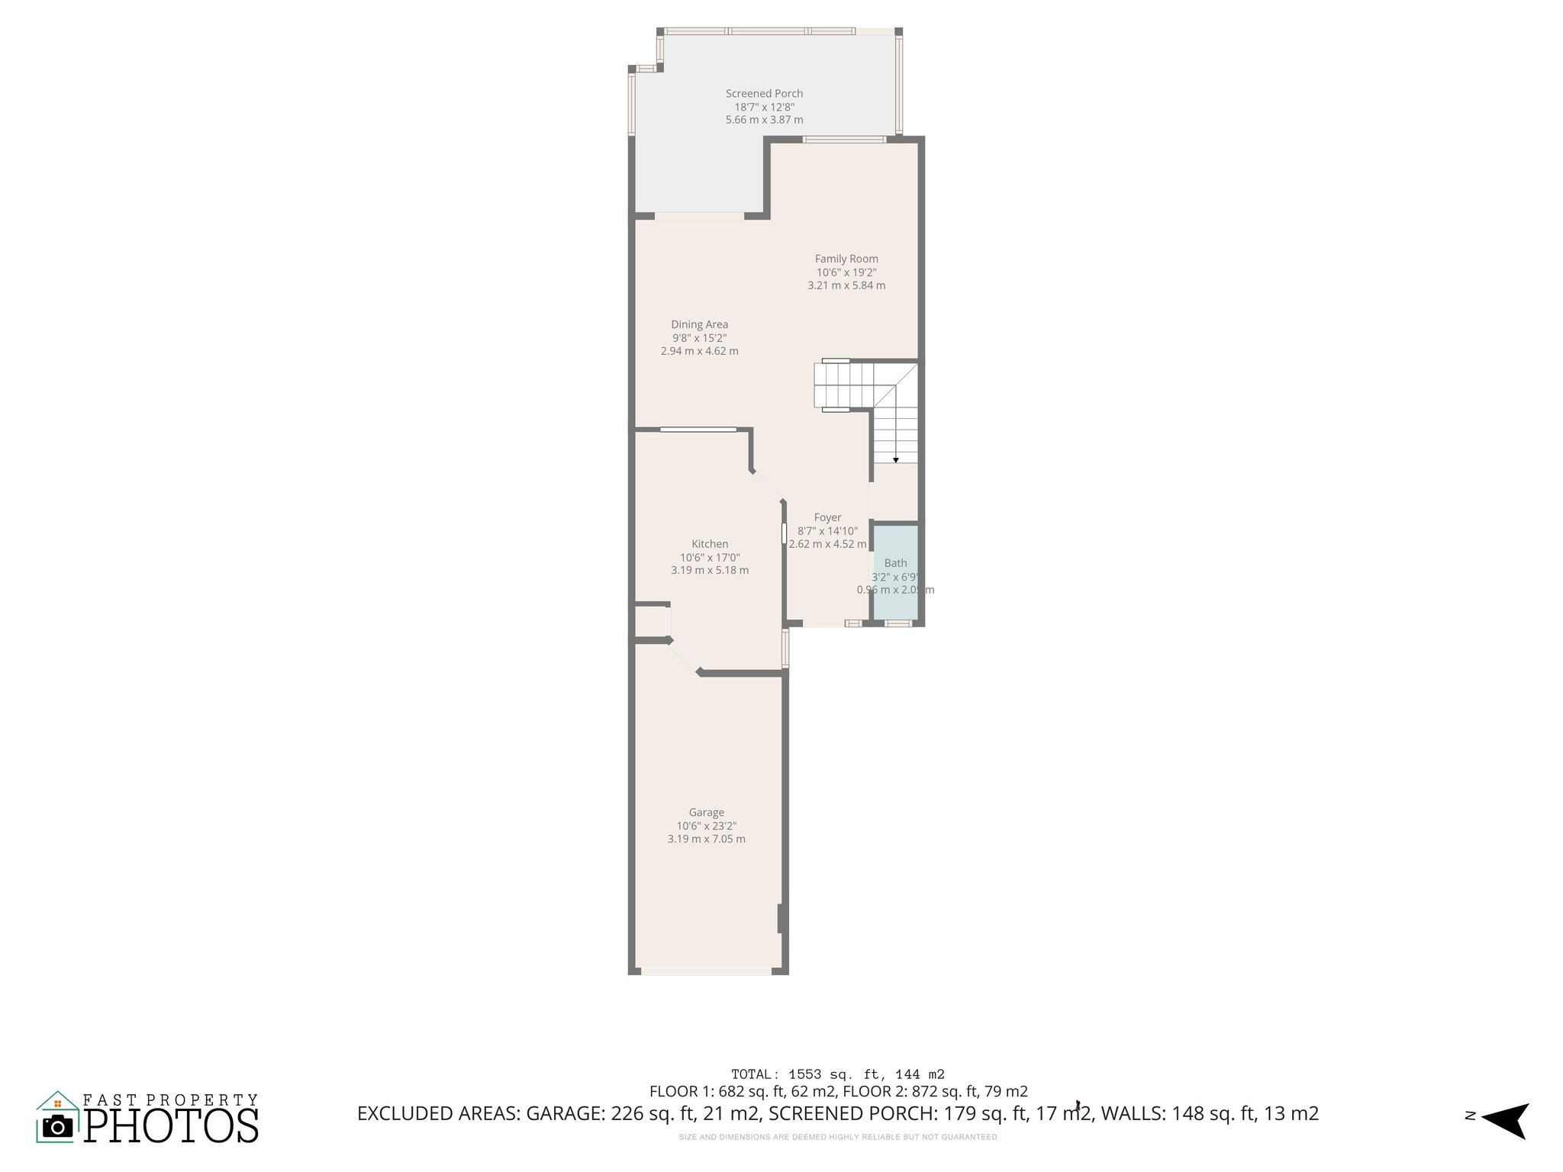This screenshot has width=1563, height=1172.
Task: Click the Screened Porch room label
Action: pos(764,93)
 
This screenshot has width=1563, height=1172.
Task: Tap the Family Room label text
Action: pos(846,259)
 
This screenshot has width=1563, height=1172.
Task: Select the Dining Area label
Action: pos(699,324)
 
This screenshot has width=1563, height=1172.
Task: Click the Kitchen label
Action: pos(710,544)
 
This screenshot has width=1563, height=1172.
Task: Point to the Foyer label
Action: pos(827,517)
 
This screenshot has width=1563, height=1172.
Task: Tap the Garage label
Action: pos(706,813)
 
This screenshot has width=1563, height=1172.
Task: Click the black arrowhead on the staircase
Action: pos(895,460)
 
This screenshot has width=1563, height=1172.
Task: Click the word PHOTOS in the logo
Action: pos(171,1125)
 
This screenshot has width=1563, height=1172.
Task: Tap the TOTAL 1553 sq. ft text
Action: pos(837,1074)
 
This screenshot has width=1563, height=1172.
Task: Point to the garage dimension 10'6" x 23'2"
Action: pos(706,826)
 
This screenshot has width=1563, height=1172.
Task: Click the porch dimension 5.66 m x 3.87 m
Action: pos(764,120)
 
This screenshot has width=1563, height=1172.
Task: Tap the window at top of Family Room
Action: pos(844,139)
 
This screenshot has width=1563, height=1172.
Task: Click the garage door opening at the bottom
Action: pos(706,971)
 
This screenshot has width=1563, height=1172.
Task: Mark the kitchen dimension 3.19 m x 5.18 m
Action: pos(710,571)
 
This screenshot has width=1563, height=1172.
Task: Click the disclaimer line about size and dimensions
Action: pos(837,1137)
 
